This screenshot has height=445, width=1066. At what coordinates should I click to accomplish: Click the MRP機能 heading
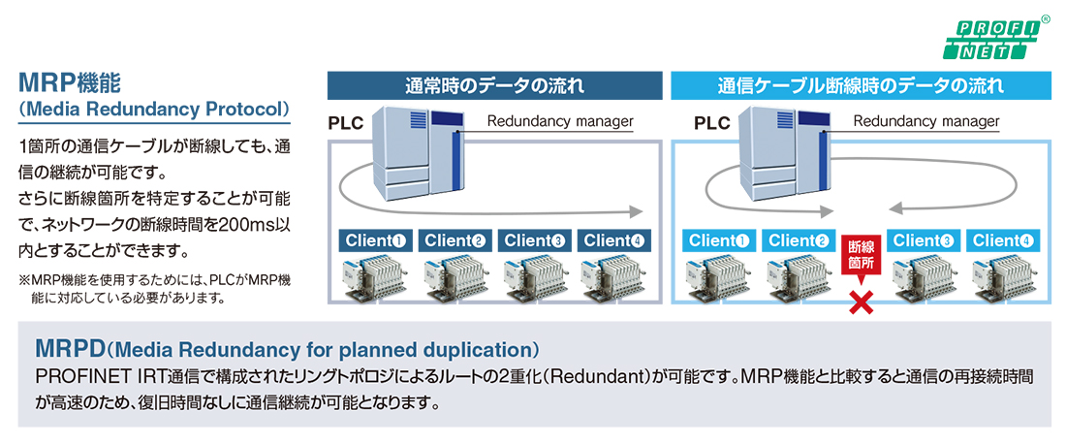coord(71,83)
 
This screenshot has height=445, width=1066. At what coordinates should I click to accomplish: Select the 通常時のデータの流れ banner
coord(495,85)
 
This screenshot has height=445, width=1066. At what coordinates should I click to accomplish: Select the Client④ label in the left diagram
coord(613,240)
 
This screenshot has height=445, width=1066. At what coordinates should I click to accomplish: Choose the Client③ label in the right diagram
coord(923,240)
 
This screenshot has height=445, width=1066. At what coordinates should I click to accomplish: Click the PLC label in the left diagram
coord(346,124)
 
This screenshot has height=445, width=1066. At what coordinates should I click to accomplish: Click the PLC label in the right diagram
coord(712,124)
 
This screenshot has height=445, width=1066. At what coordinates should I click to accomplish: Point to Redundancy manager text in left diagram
coord(560,122)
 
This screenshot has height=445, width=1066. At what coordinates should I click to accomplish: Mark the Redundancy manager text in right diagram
coord(925,122)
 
